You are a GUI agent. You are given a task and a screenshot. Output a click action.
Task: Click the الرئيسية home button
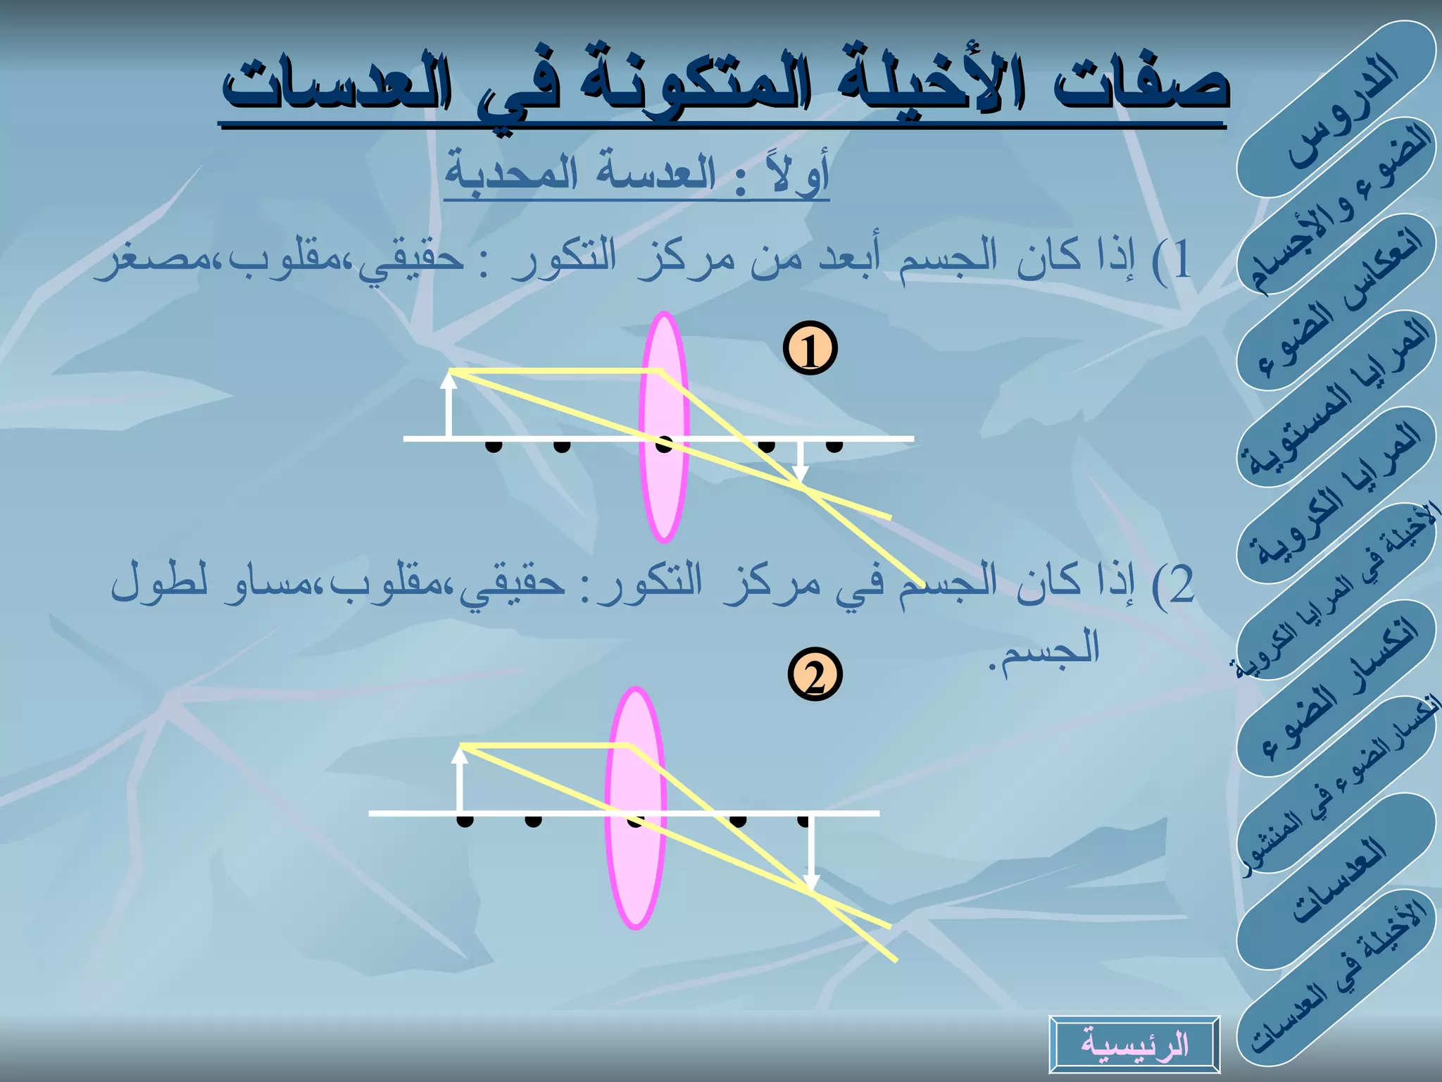click(x=1134, y=1044)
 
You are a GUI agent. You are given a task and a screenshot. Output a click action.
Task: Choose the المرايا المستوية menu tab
click(x=1336, y=398)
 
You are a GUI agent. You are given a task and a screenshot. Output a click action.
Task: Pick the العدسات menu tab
click(x=1336, y=881)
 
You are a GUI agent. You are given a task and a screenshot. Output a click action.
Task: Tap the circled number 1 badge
click(x=810, y=349)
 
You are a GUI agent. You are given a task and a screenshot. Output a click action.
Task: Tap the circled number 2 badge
click(x=815, y=674)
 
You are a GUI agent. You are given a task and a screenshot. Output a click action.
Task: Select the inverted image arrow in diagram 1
click(x=800, y=461)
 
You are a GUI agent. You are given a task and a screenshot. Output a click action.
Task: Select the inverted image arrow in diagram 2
click(x=811, y=852)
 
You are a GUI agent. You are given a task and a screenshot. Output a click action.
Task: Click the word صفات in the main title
click(x=1141, y=88)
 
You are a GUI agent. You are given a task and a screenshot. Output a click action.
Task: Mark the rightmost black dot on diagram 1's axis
click(x=834, y=445)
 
